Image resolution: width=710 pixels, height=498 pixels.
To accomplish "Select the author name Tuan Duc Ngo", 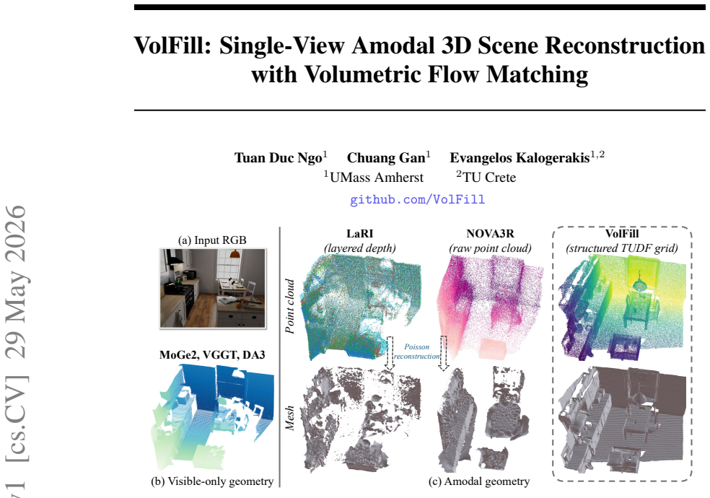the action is [278, 157].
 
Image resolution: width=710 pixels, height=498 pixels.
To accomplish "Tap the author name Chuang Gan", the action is [386, 157].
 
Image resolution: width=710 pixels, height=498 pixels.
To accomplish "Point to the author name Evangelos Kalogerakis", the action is [520, 157].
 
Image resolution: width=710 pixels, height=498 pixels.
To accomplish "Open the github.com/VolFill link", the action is [418, 200].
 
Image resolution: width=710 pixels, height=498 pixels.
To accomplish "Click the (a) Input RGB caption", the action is [212, 240].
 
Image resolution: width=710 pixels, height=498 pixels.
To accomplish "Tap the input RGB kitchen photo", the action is [213, 288].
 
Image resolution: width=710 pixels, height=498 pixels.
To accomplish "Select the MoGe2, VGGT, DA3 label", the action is [212, 355].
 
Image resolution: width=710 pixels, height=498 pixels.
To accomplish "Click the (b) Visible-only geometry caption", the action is [212, 481].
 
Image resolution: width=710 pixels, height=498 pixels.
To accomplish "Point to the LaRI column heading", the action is [360, 234].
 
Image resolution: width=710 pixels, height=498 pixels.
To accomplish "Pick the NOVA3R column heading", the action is [491, 234].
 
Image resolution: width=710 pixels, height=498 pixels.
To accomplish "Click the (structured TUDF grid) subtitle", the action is [622, 248].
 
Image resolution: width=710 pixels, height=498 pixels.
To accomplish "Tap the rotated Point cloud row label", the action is [290, 307].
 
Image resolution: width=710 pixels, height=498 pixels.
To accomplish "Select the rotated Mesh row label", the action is [290, 418].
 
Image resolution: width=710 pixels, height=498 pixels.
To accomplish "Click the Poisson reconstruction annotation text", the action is [416, 351].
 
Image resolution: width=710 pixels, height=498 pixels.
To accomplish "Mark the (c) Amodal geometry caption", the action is [479, 481].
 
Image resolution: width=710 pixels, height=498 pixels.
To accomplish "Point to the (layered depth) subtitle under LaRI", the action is [360, 248].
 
